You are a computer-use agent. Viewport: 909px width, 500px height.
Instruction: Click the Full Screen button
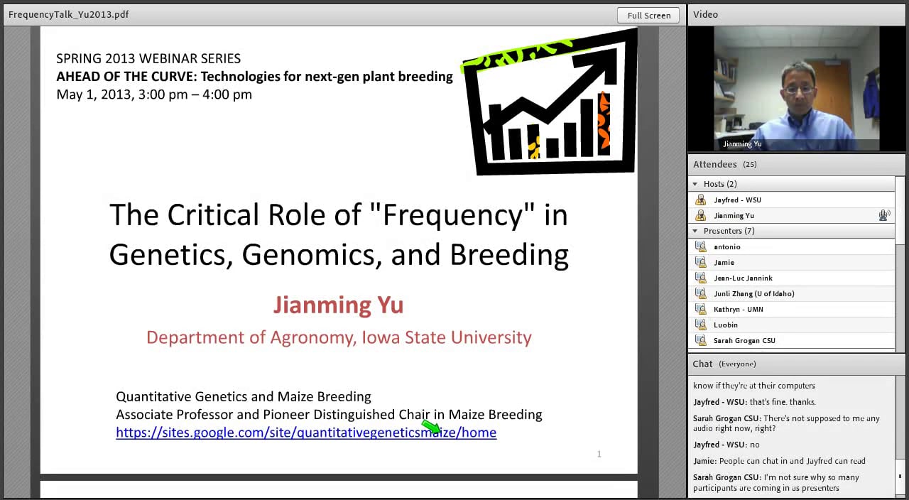point(648,15)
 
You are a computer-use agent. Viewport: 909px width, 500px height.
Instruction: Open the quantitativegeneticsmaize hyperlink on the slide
point(306,433)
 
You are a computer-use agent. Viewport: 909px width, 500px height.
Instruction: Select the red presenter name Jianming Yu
point(338,305)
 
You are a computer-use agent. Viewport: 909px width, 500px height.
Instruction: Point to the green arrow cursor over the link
point(431,427)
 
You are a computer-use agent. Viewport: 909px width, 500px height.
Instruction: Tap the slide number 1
point(599,454)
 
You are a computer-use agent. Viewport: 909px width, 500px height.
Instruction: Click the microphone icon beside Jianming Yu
point(883,215)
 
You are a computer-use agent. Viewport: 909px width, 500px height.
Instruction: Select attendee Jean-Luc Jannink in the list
point(743,278)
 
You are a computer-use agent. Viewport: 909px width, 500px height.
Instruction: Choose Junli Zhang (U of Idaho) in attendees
point(753,293)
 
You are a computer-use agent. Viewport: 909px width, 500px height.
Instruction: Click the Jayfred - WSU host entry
point(737,200)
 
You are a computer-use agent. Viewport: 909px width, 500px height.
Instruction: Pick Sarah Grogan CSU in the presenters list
point(744,340)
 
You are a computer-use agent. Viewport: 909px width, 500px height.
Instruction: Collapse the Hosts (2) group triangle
point(695,184)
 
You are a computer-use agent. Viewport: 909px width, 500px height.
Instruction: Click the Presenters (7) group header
point(729,231)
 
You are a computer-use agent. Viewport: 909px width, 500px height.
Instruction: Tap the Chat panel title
point(702,364)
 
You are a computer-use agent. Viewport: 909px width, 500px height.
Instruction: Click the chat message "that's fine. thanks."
point(771,402)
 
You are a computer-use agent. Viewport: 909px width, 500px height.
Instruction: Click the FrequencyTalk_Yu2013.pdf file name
point(69,14)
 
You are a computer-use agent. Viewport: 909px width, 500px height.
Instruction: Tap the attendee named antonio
point(726,246)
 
